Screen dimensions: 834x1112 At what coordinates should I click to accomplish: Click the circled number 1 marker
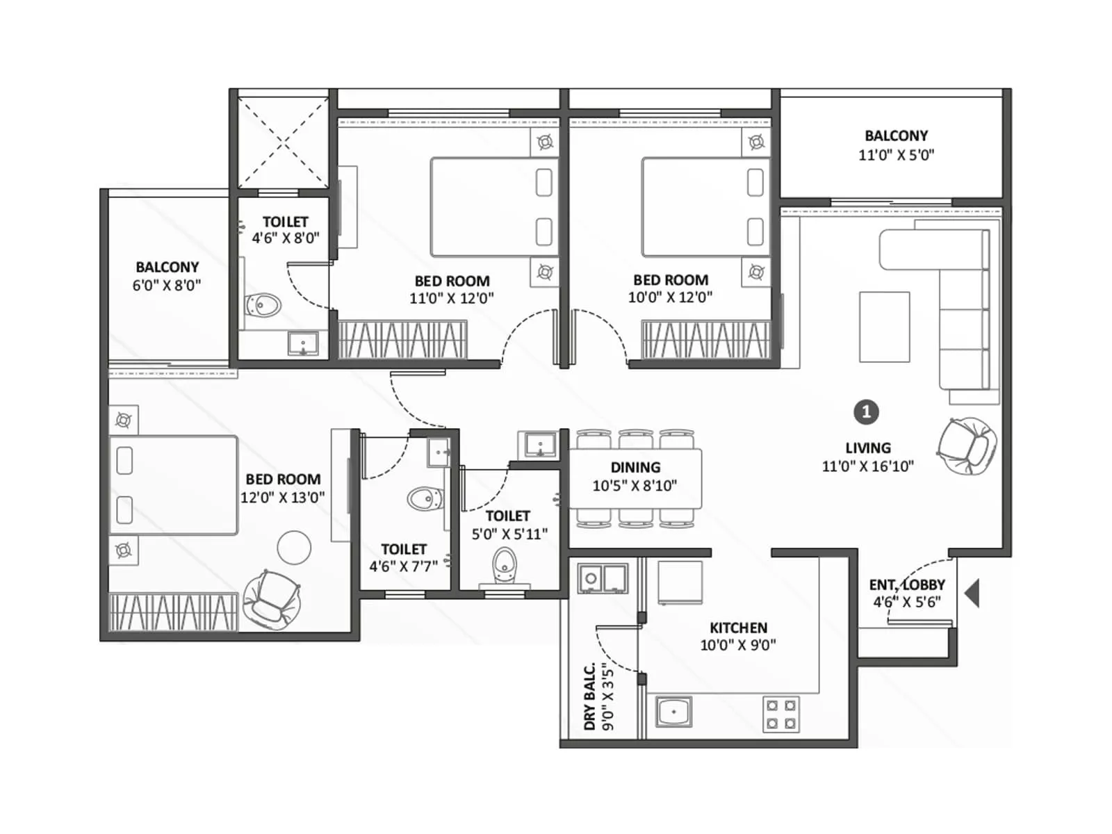(x=866, y=412)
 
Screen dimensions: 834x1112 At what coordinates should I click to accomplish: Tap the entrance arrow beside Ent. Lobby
(x=973, y=594)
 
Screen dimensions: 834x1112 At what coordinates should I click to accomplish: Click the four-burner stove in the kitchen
(x=781, y=714)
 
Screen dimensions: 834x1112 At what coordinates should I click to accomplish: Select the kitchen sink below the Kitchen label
(x=673, y=712)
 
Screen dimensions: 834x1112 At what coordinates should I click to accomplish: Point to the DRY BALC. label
(x=589, y=696)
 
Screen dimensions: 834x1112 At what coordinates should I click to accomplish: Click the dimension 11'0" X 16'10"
(x=867, y=466)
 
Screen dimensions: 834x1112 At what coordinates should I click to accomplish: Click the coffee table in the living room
(x=884, y=327)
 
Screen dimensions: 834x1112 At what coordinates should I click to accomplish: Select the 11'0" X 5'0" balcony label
(x=896, y=155)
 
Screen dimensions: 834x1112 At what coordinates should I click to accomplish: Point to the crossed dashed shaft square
(x=283, y=143)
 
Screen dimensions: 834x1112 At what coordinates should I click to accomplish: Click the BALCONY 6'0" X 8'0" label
(x=167, y=276)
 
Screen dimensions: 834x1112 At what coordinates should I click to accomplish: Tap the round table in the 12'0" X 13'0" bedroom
(x=294, y=548)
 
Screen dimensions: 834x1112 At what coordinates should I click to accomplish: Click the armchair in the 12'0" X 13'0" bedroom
(x=271, y=598)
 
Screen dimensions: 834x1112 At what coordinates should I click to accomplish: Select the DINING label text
(x=635, y=467)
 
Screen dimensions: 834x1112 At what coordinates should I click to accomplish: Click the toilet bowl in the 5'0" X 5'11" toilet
(x=504, y=565)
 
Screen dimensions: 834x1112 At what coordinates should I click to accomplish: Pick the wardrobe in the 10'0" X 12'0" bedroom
(x=705, y=339)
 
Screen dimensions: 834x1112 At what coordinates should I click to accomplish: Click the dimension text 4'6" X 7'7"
(x=403, y=566)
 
